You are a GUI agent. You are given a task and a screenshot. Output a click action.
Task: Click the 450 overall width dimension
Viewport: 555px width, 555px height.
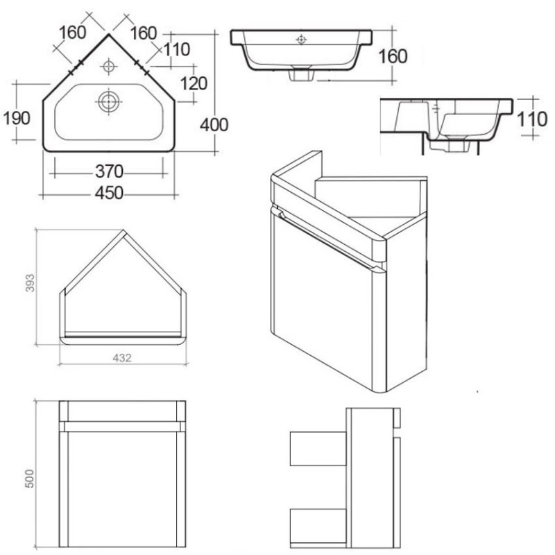coord(109,194)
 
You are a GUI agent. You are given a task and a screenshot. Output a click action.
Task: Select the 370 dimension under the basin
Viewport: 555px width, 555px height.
coord(109,171)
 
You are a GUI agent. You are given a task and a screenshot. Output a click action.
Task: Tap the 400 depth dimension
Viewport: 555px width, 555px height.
coord(214,125)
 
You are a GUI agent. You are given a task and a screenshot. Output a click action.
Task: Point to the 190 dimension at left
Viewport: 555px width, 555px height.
coord(17,118)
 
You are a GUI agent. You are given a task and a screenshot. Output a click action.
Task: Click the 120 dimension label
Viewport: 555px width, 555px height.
coord(194,84)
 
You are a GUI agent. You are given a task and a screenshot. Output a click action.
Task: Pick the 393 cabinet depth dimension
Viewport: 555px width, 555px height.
coord(31,283)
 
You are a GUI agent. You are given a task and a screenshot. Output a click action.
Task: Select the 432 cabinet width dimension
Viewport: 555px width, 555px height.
coord(122,358)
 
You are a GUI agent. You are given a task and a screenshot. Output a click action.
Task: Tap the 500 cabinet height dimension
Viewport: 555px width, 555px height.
coord(30,479)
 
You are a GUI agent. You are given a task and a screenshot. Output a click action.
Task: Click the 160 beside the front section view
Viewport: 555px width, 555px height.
coord(393,57)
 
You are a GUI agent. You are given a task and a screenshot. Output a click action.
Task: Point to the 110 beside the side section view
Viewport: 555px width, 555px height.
coord(532,119)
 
